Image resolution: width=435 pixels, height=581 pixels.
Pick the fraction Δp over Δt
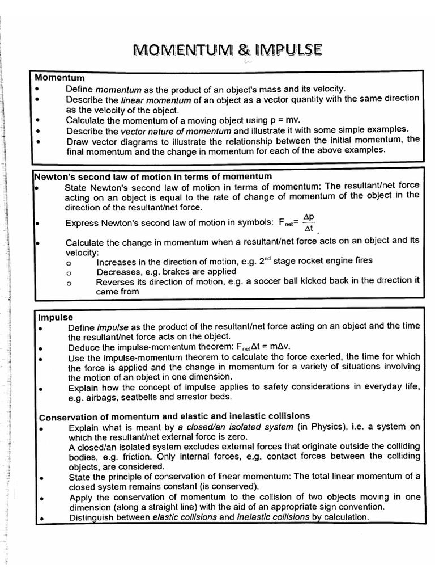tap(309, 222)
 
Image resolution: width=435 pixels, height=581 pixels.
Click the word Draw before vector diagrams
tap(76, 140)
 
